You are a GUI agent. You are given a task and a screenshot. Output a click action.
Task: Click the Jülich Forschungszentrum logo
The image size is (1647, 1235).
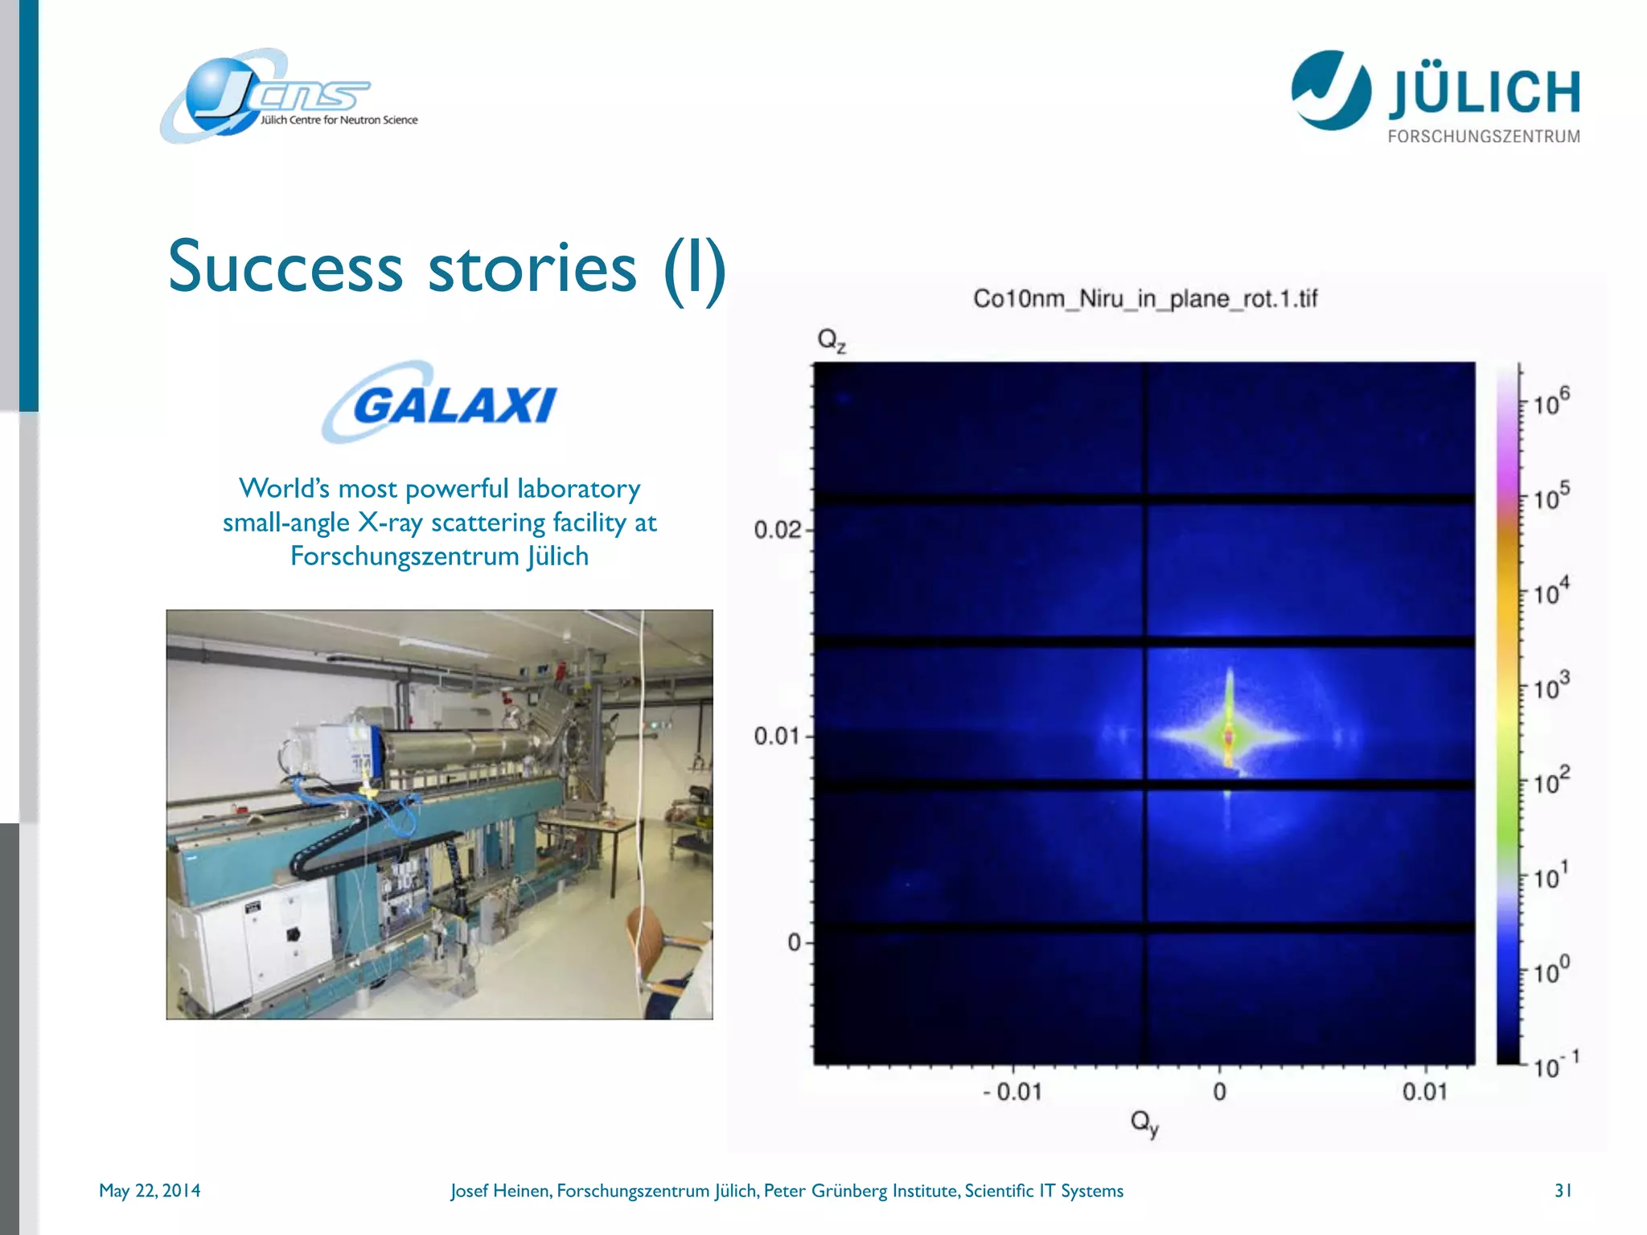(x=1435, y=96)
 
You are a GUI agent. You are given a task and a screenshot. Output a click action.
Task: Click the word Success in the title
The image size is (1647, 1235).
(x=285, y=268)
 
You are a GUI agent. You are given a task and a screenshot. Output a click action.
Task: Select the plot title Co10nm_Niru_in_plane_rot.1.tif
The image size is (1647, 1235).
(x=1145, y=299)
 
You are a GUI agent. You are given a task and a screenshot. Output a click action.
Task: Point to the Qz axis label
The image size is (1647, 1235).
(x=831, y=340)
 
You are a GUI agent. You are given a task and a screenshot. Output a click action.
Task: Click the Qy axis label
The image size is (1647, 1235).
(x=1144, y=1122)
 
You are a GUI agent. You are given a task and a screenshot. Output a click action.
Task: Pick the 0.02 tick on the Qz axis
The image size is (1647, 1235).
(x=777, y=530)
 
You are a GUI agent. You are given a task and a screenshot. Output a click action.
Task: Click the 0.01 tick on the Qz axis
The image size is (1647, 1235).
(x=777, y=736)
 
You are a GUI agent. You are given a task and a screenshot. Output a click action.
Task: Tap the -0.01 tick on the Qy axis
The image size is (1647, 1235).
(x=1012, y=1092)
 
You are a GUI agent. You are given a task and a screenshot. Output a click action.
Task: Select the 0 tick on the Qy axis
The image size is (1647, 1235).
(x=1219, y=1092)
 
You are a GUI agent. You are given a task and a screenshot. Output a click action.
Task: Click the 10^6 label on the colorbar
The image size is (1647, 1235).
(x=1550, y=401)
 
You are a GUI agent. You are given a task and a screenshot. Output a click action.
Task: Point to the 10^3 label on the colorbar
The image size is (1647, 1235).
(x=1550, y=687)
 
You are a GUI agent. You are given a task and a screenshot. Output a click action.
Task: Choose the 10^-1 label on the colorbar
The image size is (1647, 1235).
(x=1555, y=1066)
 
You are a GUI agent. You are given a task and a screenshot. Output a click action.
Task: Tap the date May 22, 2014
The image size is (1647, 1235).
(x=150, y=1191)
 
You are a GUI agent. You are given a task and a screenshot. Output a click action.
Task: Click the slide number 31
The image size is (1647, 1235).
(x=1563, y=1191)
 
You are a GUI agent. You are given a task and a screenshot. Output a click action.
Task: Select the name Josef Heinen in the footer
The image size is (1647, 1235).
(x=499, y=1191)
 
